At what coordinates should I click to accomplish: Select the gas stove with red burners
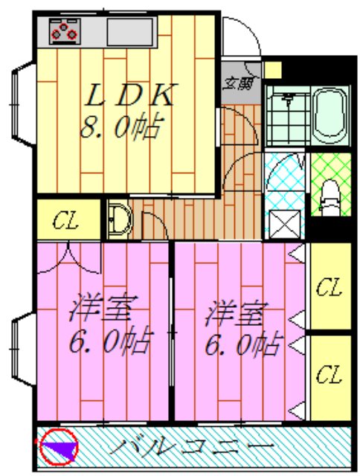[x=64, y=30]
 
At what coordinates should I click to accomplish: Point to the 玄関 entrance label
[x=239, y=83]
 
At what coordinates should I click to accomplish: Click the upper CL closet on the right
[x=328, y=287]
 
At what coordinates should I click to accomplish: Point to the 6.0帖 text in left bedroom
[x=110, y=342]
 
